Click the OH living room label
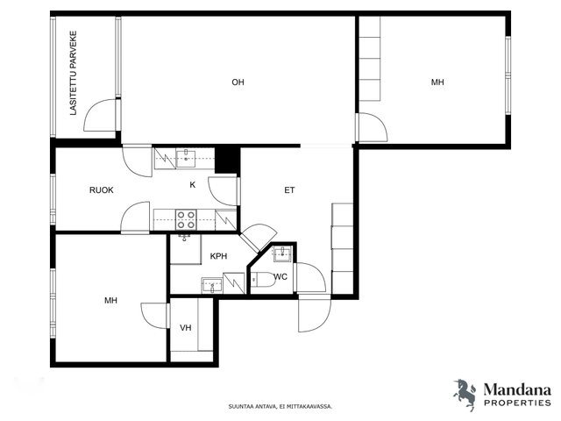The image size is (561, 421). (238, 82)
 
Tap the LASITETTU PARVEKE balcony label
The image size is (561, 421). (74, 73)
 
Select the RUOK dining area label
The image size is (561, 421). (102, 190)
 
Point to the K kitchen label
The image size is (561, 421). (193, 185)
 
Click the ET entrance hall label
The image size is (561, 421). (289, 190)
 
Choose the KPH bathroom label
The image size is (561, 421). (218, 256)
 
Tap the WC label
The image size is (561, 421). (280, 277)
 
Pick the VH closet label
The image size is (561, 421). (186, 327)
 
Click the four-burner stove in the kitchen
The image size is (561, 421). (186, 219)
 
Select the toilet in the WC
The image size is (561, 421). (263, 280)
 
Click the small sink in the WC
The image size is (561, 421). (283, 253)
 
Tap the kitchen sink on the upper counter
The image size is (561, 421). (186, 159)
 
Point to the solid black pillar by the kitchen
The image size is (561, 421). (227, 161)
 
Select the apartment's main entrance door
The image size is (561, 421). (315, 314)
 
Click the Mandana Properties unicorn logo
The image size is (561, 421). (465, 394)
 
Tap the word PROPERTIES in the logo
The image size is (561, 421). (517, 403)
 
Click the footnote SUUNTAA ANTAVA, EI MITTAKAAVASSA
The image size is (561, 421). (280, 406)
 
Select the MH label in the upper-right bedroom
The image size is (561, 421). (437, 82)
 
